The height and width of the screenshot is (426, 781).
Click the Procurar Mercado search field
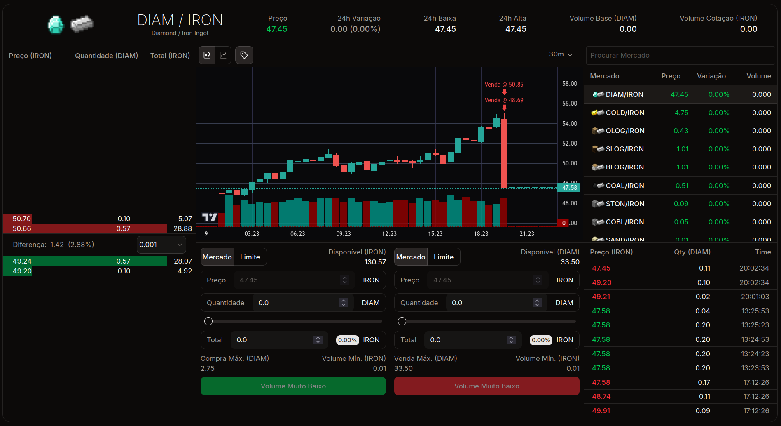pyautogui.click(x=680, y=55)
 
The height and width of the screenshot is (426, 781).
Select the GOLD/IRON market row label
pyautogui.click(x=624, y=113)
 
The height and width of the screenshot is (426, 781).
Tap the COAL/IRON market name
pyautogui.click(x=624, y=186)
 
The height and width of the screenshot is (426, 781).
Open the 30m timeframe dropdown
pyautogui.click(x=560, y=54)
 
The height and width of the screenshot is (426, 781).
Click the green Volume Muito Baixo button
pyautogui.click(x=293, y=386)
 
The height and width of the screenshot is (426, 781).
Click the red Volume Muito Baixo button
pyautogui.click(x=486, y=386)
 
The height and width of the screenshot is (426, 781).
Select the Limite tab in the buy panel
pyautogui.click(x=250, y=257)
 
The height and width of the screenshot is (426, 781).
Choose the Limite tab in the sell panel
pyautogui.click(x=443, y=257)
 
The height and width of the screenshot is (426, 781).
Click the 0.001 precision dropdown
pyautogui.click(x=161, y=245)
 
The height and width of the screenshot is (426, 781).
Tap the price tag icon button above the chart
pyautogui.click(x=244, y=55)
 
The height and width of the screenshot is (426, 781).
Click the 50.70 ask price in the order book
pyautogui.click(x=22, y=219)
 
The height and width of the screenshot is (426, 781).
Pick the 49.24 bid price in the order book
pyautogui.click(x=22, y=261)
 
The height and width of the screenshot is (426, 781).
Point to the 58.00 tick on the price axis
pyautogui.click(x=569, y=84)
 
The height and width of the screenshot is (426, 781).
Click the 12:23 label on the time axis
pyautogui.click(x=389, y=234)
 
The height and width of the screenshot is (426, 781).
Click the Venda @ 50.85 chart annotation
pyautogui.click(x=504, y=85)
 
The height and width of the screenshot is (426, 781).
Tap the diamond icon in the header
pyautogui.click(x=56, y=25)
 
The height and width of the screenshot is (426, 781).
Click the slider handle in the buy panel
pyautogui.click(x=208, y=321)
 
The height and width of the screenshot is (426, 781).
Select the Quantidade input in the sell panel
pyautogui.click(x=490, y=303)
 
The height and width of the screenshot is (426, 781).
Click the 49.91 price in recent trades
pyautogui.click(x=601, y=411)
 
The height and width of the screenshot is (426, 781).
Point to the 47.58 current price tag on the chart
pyautogui.click(x=569, y=188)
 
